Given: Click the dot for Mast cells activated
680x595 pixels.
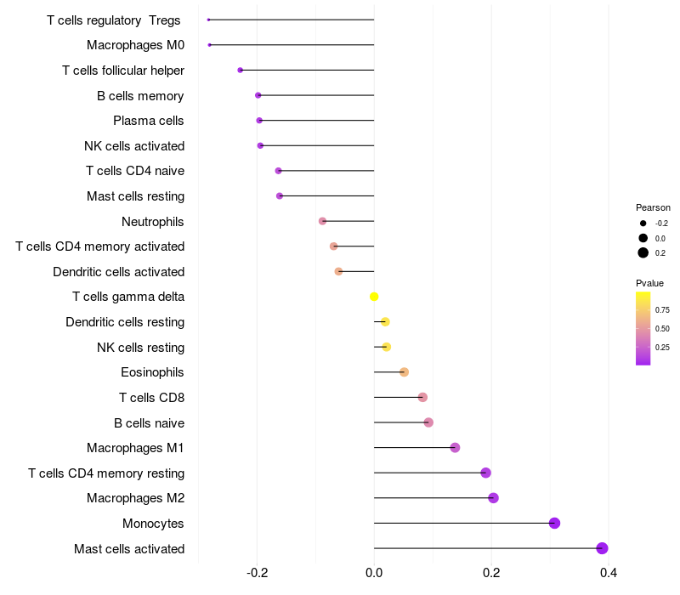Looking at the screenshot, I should click(x=602, y=548).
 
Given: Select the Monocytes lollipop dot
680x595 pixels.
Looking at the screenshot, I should click(x=554, y=523).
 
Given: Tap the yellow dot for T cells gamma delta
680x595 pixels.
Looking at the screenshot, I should click(x=374, y=297).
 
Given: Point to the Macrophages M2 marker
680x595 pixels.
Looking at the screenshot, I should click(x=493, y=498).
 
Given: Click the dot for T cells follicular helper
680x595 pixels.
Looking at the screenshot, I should click(x=240, y=70).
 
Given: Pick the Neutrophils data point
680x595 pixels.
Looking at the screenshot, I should click(x=322, y=221).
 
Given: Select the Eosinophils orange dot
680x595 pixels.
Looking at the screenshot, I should click(x=404, y=372).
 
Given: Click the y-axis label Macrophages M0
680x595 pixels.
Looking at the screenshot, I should click(x=135, y=45).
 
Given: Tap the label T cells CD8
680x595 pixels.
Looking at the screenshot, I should click(x=151, y=398).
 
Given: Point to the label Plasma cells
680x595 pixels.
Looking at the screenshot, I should click(x=149, y=121).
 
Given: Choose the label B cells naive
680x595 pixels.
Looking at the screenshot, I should click(x=149, y=423).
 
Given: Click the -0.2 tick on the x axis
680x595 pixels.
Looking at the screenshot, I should click(x=258, y=574).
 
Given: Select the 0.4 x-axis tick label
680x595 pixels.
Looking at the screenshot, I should click(x=609, y=574).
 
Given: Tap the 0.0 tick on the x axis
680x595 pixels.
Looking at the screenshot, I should click(x=374, y=574).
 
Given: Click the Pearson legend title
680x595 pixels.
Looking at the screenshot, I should click(x=653, y=207).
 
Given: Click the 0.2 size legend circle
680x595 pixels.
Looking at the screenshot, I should click(x=643, y=252).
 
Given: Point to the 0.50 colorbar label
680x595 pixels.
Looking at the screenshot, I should click(x=662, y=329).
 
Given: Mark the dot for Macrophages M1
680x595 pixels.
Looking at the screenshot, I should click(x=455, y=448).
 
